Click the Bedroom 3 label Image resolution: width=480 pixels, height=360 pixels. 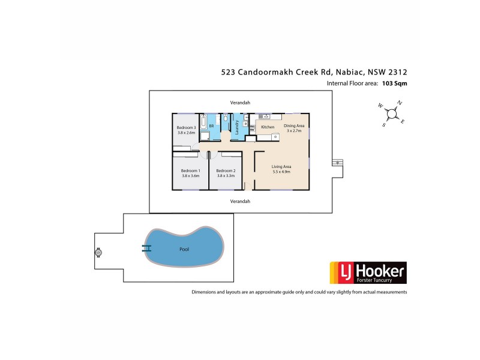(x=186, y=128)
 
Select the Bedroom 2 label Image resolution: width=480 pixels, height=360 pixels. (x=226, y=171)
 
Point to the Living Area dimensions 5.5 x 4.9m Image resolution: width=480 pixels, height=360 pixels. (x=281, y=172)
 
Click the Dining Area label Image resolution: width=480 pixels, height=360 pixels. (x=294, y=125)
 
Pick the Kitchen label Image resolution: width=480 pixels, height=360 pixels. (x=268, y=127)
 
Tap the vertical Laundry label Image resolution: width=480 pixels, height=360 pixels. (x=237, y=128)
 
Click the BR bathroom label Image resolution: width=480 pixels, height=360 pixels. (x=211, y=126)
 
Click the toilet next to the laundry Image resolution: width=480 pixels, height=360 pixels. (x=225, y=119)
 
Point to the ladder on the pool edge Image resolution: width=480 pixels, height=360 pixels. (x=146, y=247)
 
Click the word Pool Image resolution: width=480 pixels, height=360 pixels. (x=184, y=249)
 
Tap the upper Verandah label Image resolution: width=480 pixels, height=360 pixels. (x=239, y=102)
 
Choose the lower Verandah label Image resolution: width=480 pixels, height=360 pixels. (x=239, y=202)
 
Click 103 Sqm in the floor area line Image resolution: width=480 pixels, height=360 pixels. (x=395, y=83)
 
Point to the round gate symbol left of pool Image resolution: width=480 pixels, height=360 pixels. (x=98, y=253)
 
